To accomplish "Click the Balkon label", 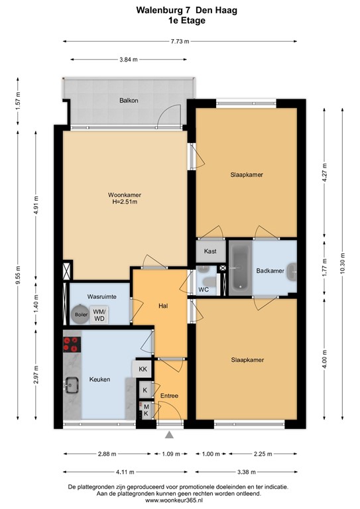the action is coord(129,100).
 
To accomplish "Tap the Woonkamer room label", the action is coord(125,195).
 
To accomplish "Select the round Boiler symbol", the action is coord(81,314).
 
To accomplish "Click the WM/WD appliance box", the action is coord(99,315).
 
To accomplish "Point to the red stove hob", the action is coord(72,345).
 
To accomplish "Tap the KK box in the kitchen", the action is coord(143,369).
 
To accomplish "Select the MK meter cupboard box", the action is coord(146,410).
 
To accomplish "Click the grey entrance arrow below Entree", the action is coord(169,435).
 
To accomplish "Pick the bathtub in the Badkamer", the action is coord(240,268).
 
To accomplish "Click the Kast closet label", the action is coord(210,251).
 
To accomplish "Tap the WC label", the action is coord(204,290).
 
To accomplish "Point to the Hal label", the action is coord(163,306).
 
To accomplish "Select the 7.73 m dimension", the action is coord(180,41).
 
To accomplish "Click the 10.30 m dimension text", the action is coord(342,263).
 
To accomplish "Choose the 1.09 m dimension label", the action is coord(171,454).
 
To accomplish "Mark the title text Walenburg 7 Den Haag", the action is coord(187,11).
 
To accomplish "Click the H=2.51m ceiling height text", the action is coord(125,202).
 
